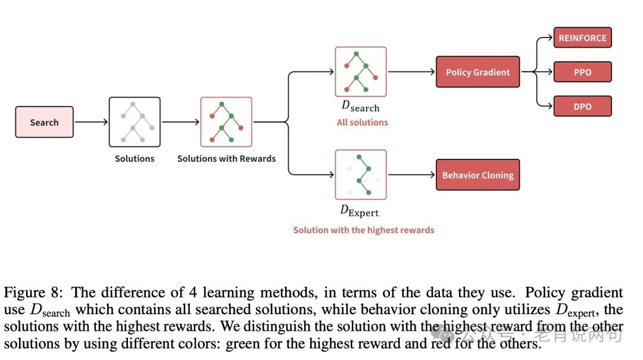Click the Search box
click(44, 122)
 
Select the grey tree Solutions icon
click(135, 122)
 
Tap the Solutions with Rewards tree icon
click(226, 122)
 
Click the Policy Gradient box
click(477, 72)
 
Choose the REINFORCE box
click(582, 38)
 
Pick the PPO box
click(582, 72)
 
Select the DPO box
click(582, 106)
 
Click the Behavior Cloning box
click(477, 175)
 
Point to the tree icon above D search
click(361, 71)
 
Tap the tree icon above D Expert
click(361, 174)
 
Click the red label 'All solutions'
click(363, 122)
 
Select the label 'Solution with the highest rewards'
click(363, 230)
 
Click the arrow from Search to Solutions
click(91, 122)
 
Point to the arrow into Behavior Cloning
click(411, 175)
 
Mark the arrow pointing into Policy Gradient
click(411, 72)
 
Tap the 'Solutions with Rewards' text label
click(226, 158)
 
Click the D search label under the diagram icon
click(360, 107)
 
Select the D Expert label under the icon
click(359, 210)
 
